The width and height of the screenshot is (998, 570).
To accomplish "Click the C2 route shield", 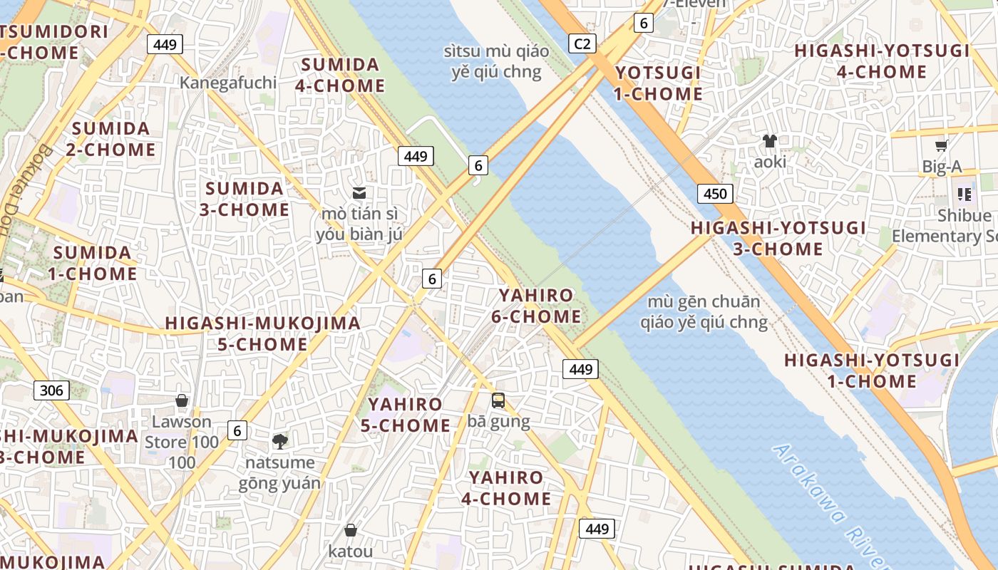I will (582, 44).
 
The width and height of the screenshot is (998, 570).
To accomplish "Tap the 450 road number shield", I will (715, 194).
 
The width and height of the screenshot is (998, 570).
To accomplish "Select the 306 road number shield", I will (51, 390).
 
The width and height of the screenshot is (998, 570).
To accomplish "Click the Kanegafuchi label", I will (227, 83).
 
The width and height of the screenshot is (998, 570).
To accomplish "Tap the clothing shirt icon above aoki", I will (770, 141).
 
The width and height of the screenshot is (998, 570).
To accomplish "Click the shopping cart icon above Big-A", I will (941, 146).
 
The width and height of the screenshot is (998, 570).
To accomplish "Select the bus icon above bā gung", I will (498, 400).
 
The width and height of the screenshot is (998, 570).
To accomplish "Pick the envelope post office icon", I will (359, 192).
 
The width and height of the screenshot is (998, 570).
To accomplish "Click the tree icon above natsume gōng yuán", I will (280, 442).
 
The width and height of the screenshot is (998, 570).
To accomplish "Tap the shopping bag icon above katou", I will (350, 530).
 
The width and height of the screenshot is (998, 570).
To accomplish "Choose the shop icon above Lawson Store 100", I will (182, 401).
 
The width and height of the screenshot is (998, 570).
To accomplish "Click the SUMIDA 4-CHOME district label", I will (341, 75).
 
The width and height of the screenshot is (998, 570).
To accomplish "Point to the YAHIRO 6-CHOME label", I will (536, 306).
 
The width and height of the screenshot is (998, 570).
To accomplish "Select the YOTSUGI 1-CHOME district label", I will (658, 83).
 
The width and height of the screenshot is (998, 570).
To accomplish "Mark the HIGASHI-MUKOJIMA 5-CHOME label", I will (262, 333).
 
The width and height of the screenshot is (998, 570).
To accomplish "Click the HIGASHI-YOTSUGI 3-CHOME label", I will (778, 238).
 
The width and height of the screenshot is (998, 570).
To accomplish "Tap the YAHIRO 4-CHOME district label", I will (506, 488).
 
